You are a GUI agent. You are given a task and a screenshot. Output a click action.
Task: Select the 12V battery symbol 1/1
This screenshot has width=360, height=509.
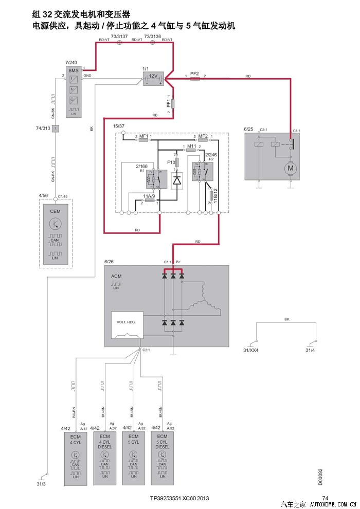click(153, 78)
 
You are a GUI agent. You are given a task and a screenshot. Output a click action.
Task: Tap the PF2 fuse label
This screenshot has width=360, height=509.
click(194, 74)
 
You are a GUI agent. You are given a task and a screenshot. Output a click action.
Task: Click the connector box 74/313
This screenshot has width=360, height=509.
click(55, 128)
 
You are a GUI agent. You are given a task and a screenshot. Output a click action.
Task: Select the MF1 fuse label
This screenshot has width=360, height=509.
click(144, 136)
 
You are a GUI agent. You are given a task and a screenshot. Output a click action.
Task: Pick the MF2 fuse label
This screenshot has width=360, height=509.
click(203, 136)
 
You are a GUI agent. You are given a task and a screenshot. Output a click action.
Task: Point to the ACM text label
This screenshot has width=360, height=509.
click(116, 276)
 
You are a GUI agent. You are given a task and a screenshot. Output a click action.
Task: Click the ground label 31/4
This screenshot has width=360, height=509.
click(310, 351)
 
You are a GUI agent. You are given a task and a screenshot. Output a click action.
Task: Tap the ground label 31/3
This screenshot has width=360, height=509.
click(41, 484)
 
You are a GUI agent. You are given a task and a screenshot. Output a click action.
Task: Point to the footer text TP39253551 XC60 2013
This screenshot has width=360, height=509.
click(179, 498)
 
